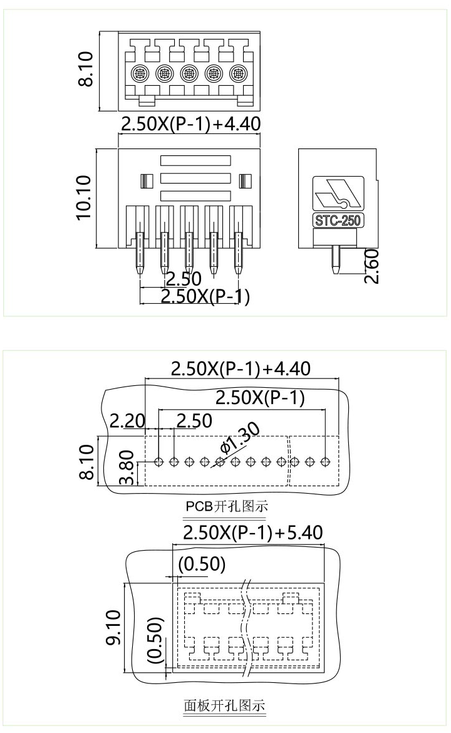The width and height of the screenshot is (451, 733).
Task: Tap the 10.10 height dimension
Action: [x=84, y=197]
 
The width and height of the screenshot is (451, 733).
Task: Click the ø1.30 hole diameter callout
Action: [x=241, y=439]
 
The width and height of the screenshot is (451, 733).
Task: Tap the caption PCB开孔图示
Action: [x=224, y=506]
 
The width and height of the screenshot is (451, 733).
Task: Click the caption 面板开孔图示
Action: [x=224, y=706]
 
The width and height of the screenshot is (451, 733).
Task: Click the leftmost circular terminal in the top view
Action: [x=140, y=74]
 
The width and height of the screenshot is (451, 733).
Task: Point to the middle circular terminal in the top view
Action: [x=189, y=74]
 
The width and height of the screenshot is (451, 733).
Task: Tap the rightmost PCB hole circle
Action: [x=325, y=462]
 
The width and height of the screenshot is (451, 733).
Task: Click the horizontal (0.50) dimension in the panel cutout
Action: [x=201, y=564]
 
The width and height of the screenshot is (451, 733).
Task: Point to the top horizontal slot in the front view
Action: [x=196, y=161]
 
